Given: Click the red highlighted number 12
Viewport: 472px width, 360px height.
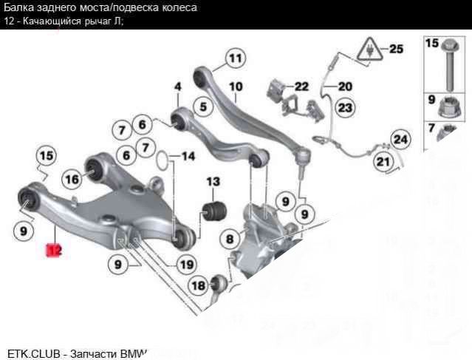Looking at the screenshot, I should point(53,250).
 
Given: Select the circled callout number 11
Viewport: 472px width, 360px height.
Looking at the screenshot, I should point(234,58).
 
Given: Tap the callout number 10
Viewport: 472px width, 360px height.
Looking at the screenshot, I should point(236,86).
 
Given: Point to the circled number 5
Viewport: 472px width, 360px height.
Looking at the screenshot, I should point(200,106).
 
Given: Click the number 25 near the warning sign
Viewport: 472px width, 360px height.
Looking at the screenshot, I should point(397,50).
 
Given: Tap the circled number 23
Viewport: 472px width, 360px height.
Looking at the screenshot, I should point(345,108).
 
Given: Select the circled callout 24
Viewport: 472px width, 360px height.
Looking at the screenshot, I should point(400,138).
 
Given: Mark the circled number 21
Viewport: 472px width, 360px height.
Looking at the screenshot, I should point(382,162).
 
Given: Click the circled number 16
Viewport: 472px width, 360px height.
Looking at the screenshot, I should point(72,178).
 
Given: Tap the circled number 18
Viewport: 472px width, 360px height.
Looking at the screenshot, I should point(199,286).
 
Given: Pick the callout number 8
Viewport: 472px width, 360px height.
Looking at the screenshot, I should point(230,239).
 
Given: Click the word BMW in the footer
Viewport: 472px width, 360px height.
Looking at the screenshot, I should point(134,353).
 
